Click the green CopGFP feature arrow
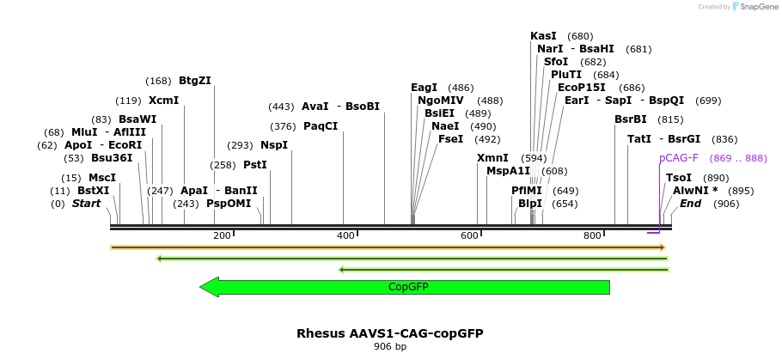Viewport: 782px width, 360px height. click(x=404, y=287)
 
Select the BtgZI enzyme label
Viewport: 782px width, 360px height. click(x=194, y=81)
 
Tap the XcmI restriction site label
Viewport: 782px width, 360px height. click(x=163, y=101)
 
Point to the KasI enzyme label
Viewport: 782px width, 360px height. click(x=543, y=36)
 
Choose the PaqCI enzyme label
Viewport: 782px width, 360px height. click(x=321, y=126)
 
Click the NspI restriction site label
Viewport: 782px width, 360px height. click(x=274, y=145)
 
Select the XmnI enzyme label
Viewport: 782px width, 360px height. click(x=492, y=158)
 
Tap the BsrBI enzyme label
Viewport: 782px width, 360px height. click(x=631, y=119)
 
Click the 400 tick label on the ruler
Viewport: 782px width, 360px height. click(x=345, y=235)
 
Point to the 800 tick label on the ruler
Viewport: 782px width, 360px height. click(x=592, y=235)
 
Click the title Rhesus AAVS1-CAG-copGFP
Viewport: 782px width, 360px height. click(x=390, y=333)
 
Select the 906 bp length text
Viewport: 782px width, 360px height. click(x=390, y=347)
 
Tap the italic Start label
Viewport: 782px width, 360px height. click(x=86, y=204)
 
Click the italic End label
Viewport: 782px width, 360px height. click(x=690, y=204)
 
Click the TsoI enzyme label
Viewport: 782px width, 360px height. click(x=679, y=178)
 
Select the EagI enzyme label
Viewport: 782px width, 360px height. click(x=424, y=88)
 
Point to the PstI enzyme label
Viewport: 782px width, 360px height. click(x=255, y=164)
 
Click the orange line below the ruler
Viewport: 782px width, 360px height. click(x=387, y=247)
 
